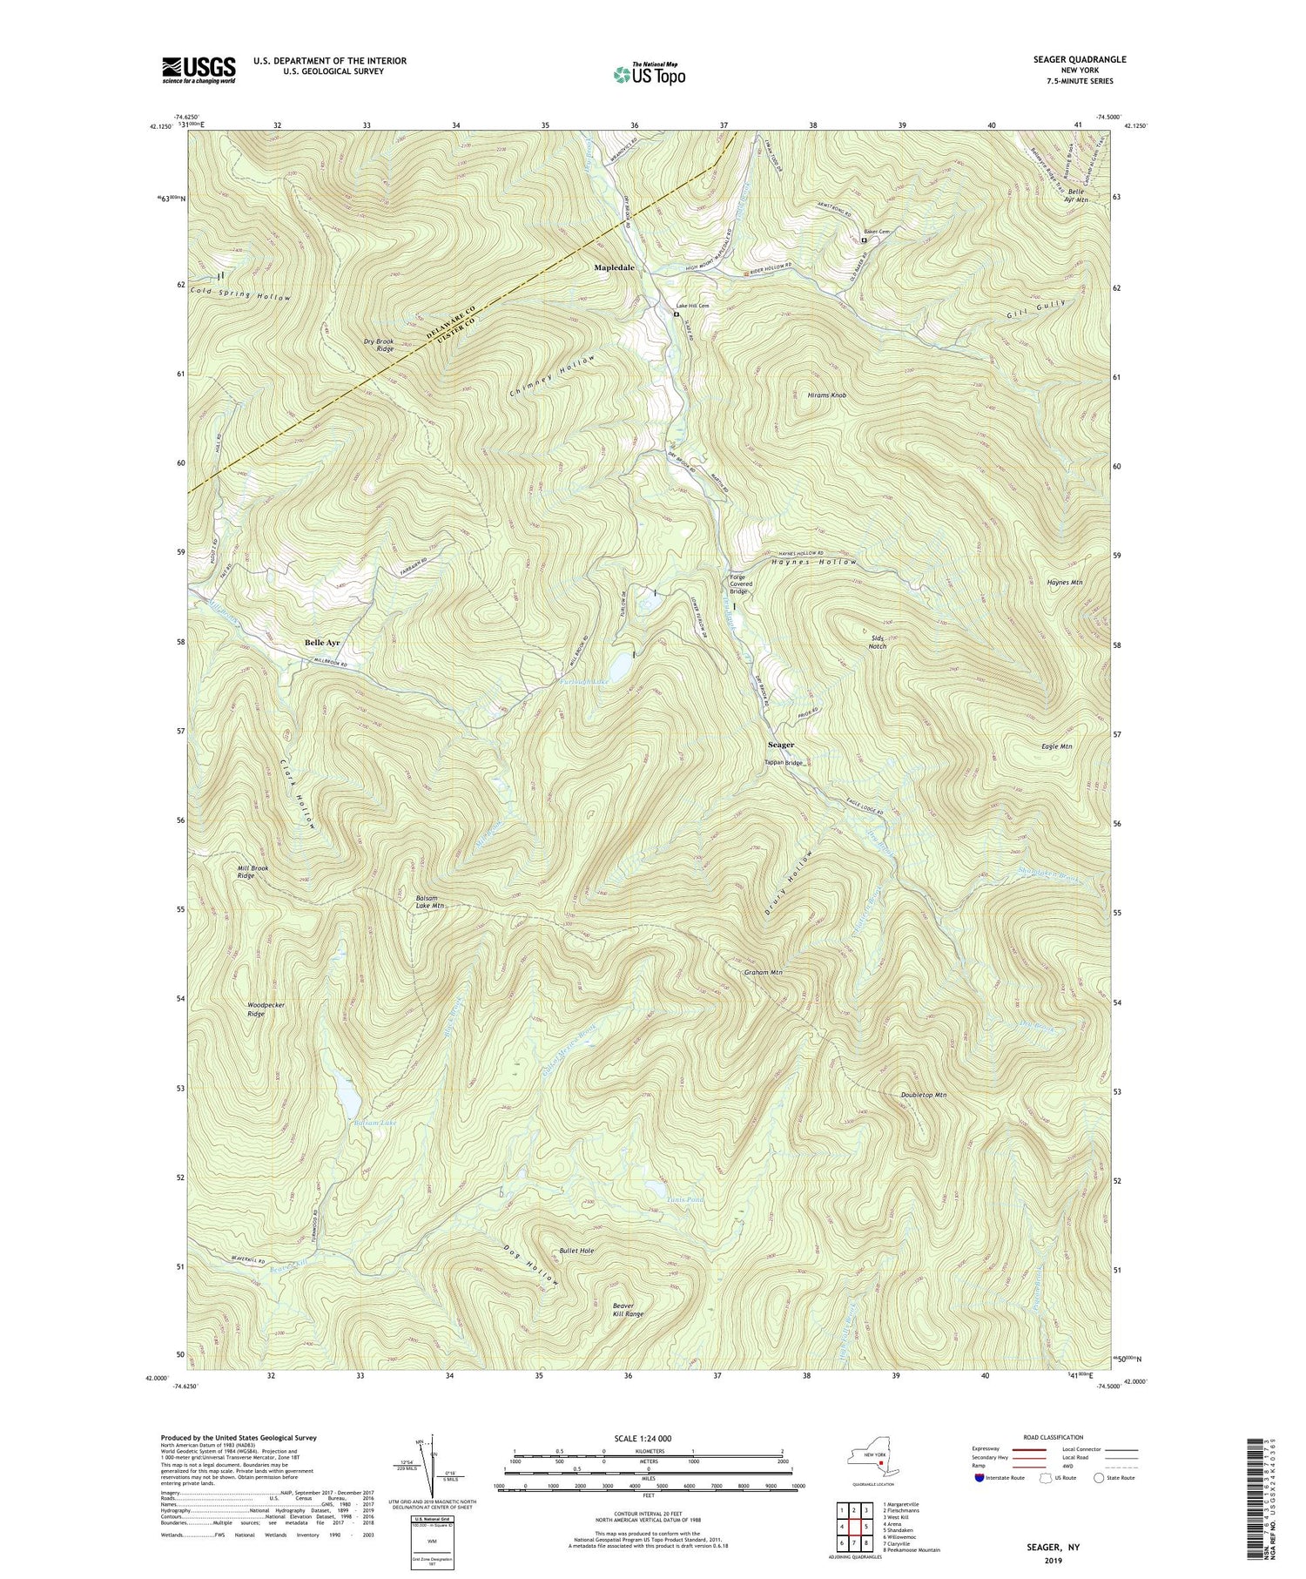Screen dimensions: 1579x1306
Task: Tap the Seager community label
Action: click(780, 746)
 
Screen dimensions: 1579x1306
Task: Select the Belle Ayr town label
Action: click(322, 643)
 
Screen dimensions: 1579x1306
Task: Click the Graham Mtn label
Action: click(764, 972)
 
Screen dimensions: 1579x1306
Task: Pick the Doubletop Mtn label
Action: click(923, 1094)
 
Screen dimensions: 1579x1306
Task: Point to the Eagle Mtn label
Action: click(1056, 746)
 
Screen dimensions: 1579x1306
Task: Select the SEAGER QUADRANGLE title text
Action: click(1082, 59)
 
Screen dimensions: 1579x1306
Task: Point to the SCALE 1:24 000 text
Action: click(647, 1438)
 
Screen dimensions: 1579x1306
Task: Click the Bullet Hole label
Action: click(576, 1251)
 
